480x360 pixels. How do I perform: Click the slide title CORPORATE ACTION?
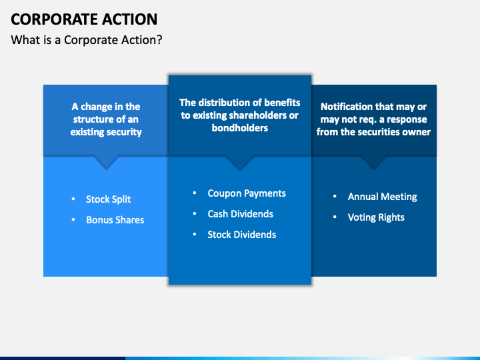point(83,19)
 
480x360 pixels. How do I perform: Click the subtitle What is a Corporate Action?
point(87,40)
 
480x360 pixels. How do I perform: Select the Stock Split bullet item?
point(108,199)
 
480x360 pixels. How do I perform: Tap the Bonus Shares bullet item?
point(115,220)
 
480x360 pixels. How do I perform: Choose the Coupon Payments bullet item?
point(247,193)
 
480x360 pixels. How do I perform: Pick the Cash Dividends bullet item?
point(240,214)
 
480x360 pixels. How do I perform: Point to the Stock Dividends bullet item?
point(241,235)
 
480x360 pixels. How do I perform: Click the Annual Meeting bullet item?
point(382,197)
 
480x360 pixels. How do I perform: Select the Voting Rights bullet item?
point(376,217)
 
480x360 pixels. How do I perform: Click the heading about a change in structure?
point(106,119)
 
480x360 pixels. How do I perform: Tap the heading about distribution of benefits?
point(240,115)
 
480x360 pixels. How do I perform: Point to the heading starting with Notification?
point(373,119)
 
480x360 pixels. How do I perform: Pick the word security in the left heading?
point(125,132)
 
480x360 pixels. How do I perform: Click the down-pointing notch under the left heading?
point(106,163)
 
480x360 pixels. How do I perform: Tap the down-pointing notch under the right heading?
point(373,163)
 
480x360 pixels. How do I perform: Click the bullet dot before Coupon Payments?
point(195,193)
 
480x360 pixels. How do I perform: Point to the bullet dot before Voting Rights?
point(335,217)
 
